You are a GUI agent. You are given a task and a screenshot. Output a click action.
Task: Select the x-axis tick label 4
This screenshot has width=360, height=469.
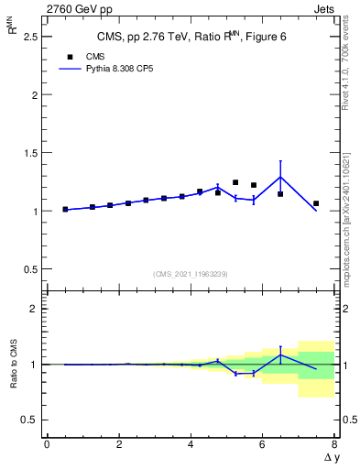191,444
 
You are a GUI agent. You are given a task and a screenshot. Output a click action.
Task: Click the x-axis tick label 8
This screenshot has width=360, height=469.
334,444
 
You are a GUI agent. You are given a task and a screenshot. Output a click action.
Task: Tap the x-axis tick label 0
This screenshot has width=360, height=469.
47,444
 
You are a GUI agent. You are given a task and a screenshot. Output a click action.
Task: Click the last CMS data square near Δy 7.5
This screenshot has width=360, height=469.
316,203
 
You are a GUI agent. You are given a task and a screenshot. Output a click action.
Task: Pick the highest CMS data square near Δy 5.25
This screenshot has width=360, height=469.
235,182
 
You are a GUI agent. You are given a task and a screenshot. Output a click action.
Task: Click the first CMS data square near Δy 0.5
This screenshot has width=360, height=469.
65,209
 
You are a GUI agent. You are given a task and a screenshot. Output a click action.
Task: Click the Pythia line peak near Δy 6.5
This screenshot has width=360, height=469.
280,177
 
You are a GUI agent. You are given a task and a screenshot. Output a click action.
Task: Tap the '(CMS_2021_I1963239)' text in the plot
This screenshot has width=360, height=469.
191,274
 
